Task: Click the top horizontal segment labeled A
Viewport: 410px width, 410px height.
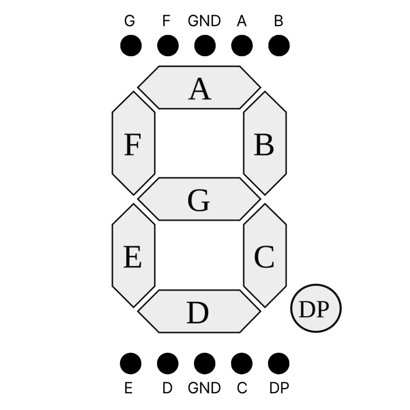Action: (199, 87)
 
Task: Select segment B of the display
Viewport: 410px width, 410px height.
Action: (265, 143)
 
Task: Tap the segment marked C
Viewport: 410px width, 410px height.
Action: (265, 256)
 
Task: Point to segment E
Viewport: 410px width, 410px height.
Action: (133, 256)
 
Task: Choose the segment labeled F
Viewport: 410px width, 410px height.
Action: (133, 143)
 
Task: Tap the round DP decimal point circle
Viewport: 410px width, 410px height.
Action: (316, 309)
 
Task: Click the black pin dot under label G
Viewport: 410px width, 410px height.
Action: (131, 45)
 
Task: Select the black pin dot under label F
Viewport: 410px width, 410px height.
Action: (168, 45)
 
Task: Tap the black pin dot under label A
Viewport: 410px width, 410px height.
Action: (242, 45)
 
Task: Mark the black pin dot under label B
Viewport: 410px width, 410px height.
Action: (279, 45)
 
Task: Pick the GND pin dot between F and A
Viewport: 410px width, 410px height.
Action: (205, 45)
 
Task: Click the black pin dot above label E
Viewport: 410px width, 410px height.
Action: (130, 363)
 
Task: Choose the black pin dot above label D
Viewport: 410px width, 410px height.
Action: (168, 363)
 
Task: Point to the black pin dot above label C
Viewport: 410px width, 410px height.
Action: (242, 363)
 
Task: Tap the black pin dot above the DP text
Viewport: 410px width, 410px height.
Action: (279, 363)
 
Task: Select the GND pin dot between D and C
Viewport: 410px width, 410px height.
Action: (205, 363)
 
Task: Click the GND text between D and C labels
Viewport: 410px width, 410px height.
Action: (204, 388)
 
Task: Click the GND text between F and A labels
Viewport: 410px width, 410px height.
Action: (204, 21)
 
